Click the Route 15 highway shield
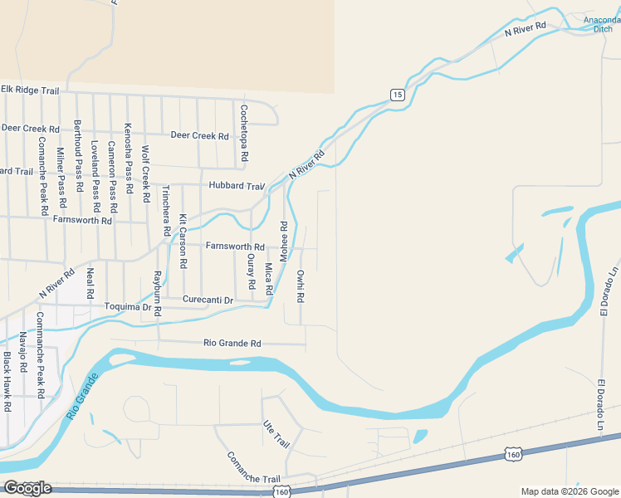(398, 95)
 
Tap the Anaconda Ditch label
(599, 24)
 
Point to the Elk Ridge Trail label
(30, 90)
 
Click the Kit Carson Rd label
(183, 241)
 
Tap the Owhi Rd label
(301, 286)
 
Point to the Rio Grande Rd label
(232, 343)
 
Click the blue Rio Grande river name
(81, 397)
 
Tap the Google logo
(27, 488)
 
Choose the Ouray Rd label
(251, 272)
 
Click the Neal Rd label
(90, 283)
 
